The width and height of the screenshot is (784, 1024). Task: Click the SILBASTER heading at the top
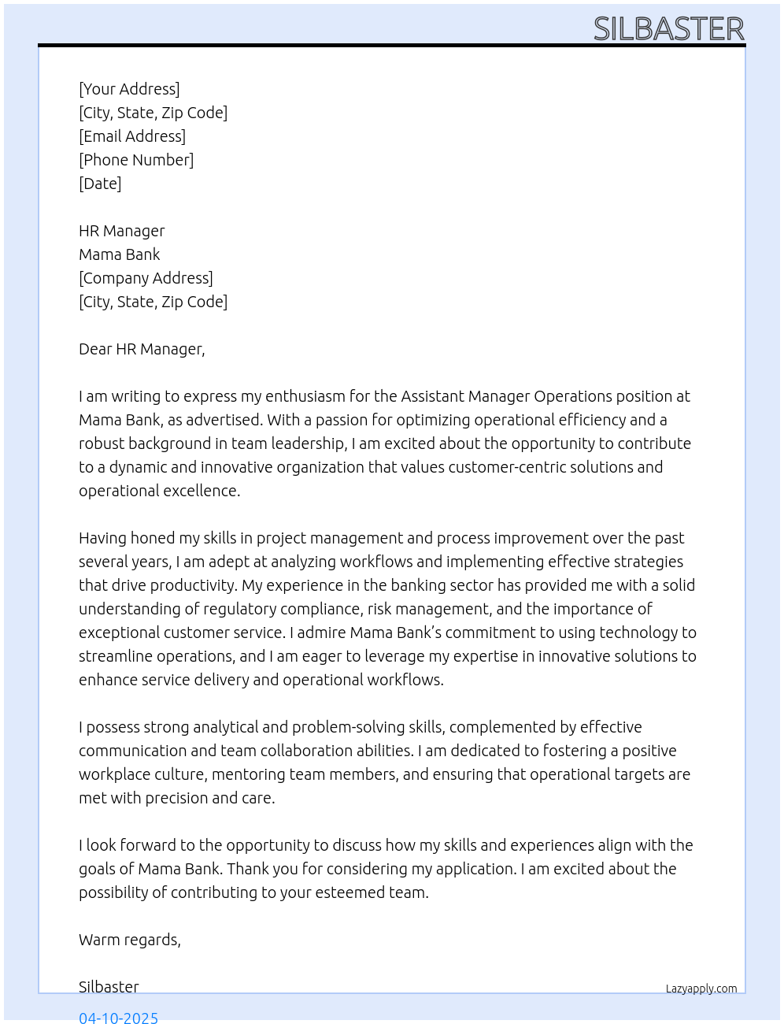668,29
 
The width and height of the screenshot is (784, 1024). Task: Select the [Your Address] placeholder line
129,89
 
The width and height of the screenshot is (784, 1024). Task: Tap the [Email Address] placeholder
132,136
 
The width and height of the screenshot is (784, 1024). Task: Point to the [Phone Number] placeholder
136,160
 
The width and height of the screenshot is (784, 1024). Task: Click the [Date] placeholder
100,184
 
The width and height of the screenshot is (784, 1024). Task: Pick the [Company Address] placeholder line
146,278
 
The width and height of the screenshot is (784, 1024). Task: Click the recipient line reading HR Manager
122,231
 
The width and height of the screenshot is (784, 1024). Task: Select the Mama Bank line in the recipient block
120,254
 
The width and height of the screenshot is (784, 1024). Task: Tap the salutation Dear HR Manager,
142,349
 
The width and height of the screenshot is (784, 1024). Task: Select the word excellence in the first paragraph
202,491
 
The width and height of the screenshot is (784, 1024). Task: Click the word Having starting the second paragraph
102,538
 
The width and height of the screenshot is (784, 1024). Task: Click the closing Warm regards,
130,940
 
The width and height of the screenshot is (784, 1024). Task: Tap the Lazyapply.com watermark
701,989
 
